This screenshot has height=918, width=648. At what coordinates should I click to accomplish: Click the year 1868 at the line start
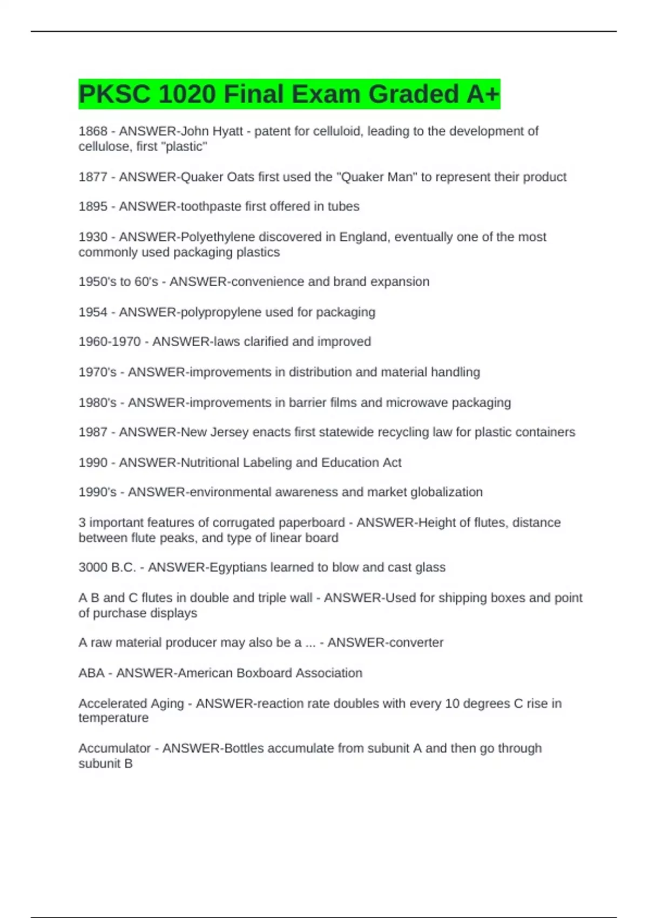(93, 131)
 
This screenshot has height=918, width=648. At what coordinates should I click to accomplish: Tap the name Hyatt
(227, 131)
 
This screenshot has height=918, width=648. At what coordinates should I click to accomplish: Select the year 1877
(93, 177)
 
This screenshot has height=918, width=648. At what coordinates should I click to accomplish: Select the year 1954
(93, 312)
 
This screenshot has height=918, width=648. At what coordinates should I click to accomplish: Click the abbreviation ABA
(91, 673)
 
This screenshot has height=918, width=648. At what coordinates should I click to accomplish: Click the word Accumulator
(114, 748)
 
